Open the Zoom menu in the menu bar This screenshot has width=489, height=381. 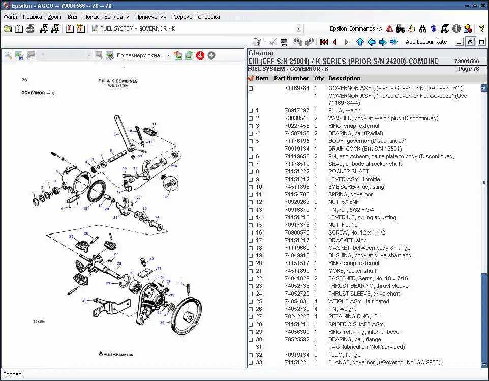pos(54,17)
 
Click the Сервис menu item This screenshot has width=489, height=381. pos(182,17)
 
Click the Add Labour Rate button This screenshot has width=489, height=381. pos(426,42)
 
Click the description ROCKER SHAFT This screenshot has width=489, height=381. pos(348,171)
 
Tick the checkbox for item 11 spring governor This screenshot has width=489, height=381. pos(250,195)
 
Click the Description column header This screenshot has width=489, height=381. pos(344,78)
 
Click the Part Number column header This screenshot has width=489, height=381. pos(291,78)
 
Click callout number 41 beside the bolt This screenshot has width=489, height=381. pos(166,197)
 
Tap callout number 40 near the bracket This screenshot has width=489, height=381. pos(84,301)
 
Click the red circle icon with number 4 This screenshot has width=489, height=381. pos(200,55)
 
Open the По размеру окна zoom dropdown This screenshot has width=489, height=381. pos(168,55)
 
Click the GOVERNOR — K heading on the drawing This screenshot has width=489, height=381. pos(38,93)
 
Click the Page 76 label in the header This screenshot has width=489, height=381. pos(468,69)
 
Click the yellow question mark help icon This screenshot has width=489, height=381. pos(481,28)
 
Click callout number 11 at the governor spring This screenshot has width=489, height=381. pos(154,124)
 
